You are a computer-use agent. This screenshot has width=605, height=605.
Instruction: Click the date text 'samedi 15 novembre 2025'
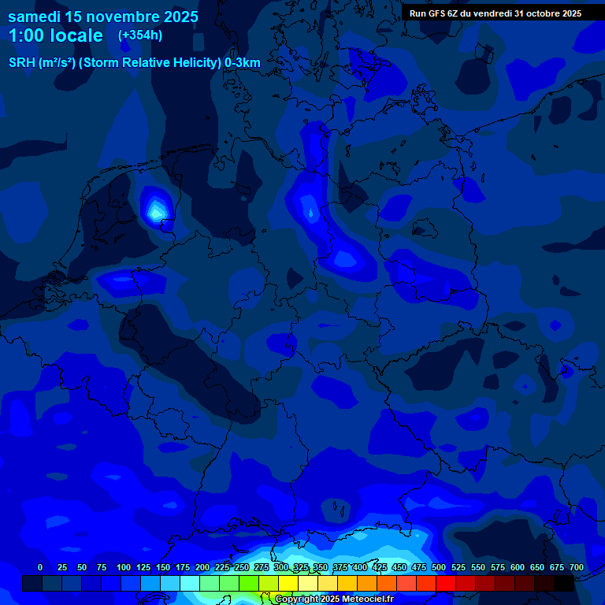[x=102, y=17]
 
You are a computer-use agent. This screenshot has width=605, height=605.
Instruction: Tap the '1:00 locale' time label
[x=55, y=35]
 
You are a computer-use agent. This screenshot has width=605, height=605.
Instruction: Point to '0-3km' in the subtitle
[x=242, y=63]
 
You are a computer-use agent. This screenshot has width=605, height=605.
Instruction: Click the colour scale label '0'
[x=40, y=567]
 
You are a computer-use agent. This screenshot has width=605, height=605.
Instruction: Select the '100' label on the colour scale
[x=124, y=567]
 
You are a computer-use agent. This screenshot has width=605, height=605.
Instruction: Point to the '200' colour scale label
[x=202, y=567]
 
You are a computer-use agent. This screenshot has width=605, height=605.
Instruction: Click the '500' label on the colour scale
[x=439, y=567]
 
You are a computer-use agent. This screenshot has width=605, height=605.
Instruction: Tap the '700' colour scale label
[x=576, y=567]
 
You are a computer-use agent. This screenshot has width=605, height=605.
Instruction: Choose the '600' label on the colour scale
[x=518, y=567]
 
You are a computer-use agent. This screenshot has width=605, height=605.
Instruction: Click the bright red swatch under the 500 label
[x=445, y=583]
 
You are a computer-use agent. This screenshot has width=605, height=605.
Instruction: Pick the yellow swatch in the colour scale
[x=288, y=583]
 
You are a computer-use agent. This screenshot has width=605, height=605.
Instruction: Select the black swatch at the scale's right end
[x=563, y=583]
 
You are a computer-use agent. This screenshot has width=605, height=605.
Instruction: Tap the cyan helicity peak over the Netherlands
[x=156, y=210]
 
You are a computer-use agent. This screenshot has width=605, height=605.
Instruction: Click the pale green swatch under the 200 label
[x=209, y=583]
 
